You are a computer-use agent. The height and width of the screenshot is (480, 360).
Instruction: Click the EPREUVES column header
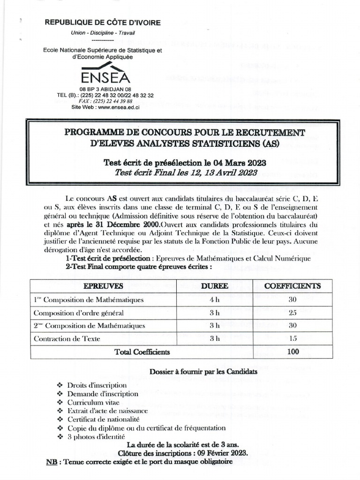pyautogui.click(x=104, y=286)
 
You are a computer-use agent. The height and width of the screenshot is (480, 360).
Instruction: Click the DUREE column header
pyautogui.click(x=215, y=286)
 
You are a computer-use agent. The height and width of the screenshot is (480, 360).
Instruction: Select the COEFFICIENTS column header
pyautogui.click(x=292, y=286)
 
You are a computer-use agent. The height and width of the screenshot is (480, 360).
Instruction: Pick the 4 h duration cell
pyautogui.click(x=215, y=300)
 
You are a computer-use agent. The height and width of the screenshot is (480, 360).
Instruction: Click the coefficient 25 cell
pyautogui.click(x=292, y=313)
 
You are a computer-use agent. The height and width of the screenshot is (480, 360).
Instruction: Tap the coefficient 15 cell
pyautogui.click(x=292, y=338)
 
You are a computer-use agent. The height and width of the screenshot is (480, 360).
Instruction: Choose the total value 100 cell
pyautogui.click(x=292, y=352)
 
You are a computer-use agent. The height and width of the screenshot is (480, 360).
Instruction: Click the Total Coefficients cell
pyautogui.click(x=142, y=352)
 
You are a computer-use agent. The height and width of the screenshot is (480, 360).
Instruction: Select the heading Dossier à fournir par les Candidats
pyautogui.click(x=203, y=372)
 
